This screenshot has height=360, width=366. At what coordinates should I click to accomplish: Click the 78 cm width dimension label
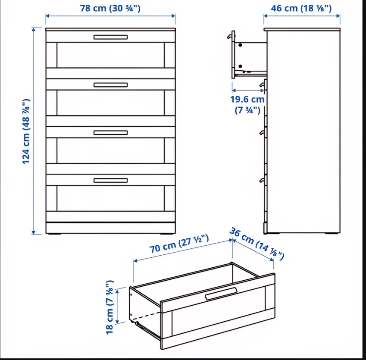110,8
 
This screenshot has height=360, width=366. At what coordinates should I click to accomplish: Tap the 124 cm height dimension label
26,131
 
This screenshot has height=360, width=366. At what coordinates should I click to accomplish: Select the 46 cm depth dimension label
301,8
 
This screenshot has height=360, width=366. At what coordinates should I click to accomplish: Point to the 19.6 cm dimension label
247,105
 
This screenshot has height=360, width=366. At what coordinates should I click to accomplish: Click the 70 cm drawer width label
179,244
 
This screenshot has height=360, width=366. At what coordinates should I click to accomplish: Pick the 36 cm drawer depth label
257,244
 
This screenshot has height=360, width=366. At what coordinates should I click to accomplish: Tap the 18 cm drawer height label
109,307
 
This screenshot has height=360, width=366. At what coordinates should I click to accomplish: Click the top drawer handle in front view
110,37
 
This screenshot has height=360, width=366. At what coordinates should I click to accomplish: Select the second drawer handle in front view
110,85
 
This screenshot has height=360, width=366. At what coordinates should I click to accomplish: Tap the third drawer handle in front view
110,133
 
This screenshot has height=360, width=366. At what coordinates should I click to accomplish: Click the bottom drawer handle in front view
110,181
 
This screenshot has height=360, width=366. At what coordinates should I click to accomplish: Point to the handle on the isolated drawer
221,294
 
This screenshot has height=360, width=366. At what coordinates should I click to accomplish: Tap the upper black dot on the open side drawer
240,45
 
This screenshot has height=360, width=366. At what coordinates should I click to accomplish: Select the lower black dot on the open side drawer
240,66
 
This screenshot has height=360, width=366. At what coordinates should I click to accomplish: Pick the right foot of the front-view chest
166,234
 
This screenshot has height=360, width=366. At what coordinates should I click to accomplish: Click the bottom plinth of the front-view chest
110,228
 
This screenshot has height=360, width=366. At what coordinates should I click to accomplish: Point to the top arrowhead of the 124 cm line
34,29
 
